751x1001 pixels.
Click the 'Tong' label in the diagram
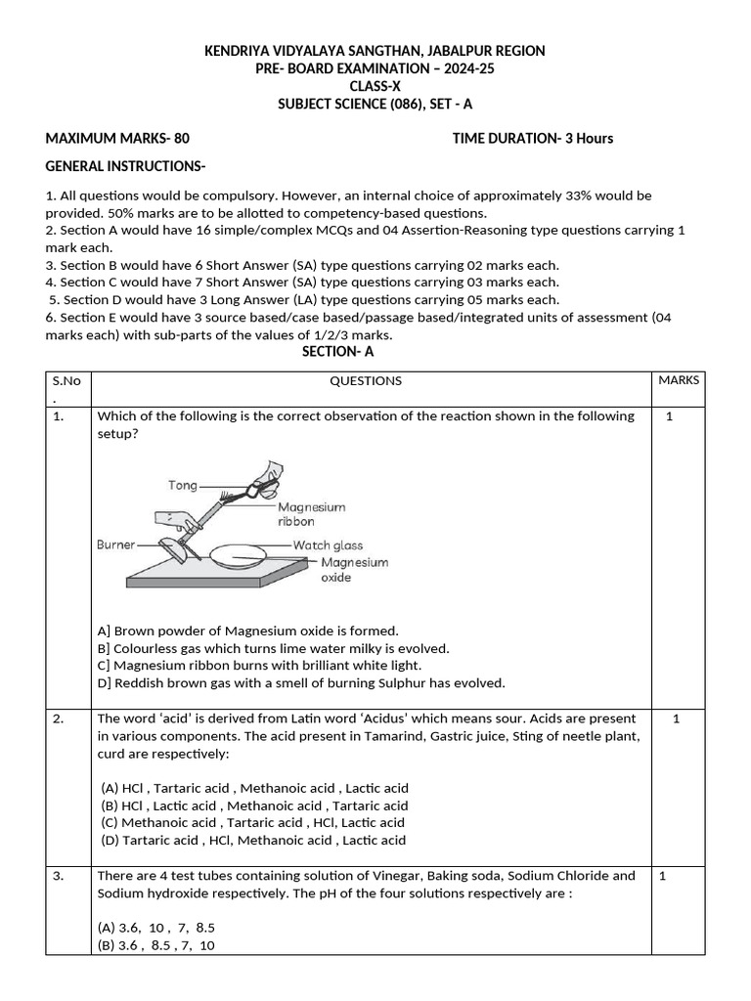(x=183, y=485)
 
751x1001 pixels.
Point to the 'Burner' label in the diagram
(x=115, y=544)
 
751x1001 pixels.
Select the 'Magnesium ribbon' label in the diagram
(x=311, y=514)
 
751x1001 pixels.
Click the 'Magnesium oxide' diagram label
(x=354, y=570)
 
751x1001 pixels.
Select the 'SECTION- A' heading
(x=338, y=352)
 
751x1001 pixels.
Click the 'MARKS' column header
(x=679, y=380)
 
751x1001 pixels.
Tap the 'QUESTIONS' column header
(x=365, y=381)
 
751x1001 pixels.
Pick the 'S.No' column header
(x=66, y=381)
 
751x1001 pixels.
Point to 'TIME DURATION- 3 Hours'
(x=533, y=138)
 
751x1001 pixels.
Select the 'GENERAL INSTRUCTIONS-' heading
(x=125, y=166)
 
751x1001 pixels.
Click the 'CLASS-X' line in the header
(x=375, y=86)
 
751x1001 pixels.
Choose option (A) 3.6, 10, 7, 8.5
(x=156, y=927)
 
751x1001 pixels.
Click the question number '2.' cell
(x=60, y=718)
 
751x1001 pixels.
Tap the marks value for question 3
(x=662, y=876)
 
